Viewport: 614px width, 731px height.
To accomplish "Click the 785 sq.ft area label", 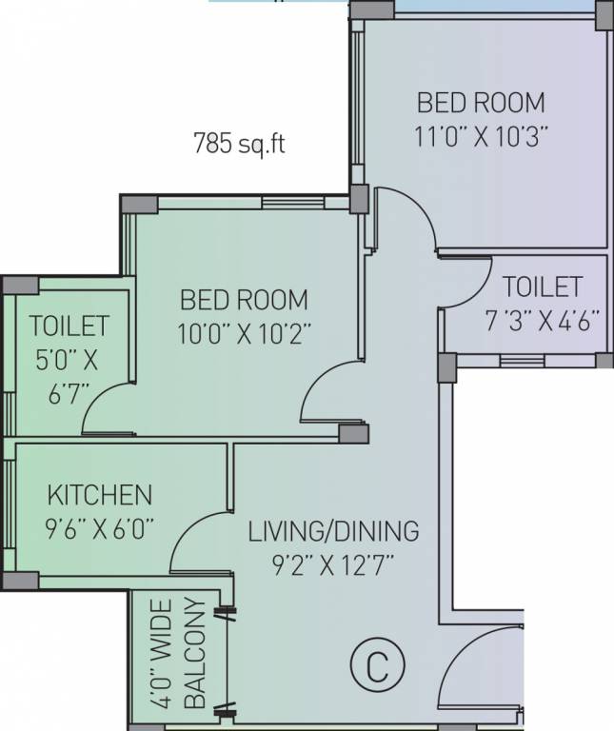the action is (x=239, y=143).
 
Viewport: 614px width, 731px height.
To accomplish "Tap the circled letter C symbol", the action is (x=378, y=665).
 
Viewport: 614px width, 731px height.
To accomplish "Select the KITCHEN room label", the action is (x=100, y=495).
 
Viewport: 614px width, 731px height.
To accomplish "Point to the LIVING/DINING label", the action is (x=333, y=531).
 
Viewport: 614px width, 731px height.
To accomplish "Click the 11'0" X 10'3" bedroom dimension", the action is (x=481, y=137).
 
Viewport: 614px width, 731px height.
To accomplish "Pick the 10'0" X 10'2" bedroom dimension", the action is (x=244, y=334).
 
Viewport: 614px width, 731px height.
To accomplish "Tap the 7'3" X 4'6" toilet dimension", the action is (x=543, y=321).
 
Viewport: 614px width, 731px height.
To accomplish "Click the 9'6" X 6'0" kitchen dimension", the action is (x=99, y=529).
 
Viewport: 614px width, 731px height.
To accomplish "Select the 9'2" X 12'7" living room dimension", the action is (x=333, y=565).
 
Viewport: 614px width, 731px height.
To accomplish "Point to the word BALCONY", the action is (x=195, y=653).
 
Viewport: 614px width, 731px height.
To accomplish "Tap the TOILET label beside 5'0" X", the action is (x=69, y=326).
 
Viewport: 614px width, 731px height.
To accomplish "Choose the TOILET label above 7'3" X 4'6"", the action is (x=543, y=286).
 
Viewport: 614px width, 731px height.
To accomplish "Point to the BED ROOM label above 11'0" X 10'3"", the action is (x=481, y=103).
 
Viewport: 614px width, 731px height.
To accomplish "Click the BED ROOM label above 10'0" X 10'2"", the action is (x=244, y=300).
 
